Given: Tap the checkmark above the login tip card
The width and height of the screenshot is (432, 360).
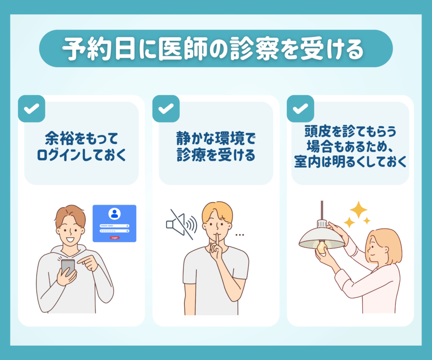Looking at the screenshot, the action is tap(31, 108).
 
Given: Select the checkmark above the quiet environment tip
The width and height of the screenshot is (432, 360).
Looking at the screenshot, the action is tap(166, 108).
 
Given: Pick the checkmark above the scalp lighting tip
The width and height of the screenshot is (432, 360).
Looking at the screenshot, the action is tap(300, 108).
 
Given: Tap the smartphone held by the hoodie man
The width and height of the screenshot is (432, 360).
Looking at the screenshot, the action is tap(67, 267).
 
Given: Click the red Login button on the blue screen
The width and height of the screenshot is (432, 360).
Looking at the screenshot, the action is tap(115, 238).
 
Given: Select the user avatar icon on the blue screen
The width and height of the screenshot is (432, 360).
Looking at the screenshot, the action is tap(115, 214).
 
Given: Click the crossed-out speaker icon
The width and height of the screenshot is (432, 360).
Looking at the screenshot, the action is tap(181, 225).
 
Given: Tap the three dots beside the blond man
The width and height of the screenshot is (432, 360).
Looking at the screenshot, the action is tap(240, 235).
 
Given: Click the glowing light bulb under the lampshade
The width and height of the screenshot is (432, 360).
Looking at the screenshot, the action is tap(321, 247).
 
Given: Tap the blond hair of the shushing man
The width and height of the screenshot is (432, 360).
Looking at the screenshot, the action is tap(217, 212).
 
